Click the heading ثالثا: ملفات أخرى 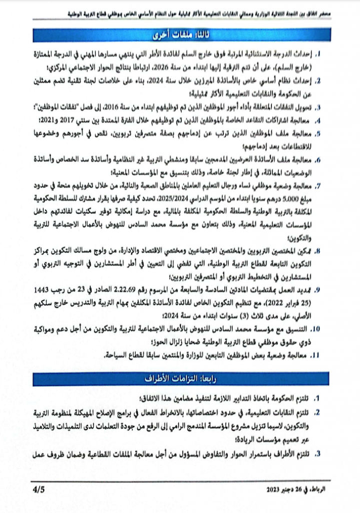pos(180,35)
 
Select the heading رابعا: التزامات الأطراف pos(180,377)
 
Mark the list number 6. pos(317,160)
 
